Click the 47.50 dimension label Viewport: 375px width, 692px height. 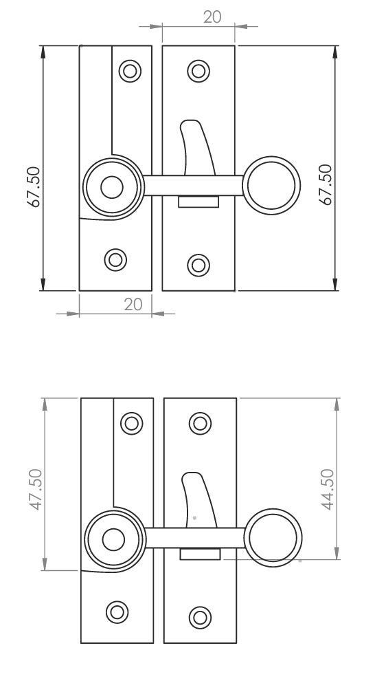35,489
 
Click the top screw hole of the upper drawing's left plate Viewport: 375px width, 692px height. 128,70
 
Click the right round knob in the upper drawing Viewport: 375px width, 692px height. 273,186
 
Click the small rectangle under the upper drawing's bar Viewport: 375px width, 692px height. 198,202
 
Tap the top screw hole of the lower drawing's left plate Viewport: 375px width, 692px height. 130,422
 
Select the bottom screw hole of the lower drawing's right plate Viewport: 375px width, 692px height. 200,616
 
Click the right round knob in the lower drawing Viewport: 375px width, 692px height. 274,539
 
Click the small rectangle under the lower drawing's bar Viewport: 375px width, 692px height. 200,554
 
